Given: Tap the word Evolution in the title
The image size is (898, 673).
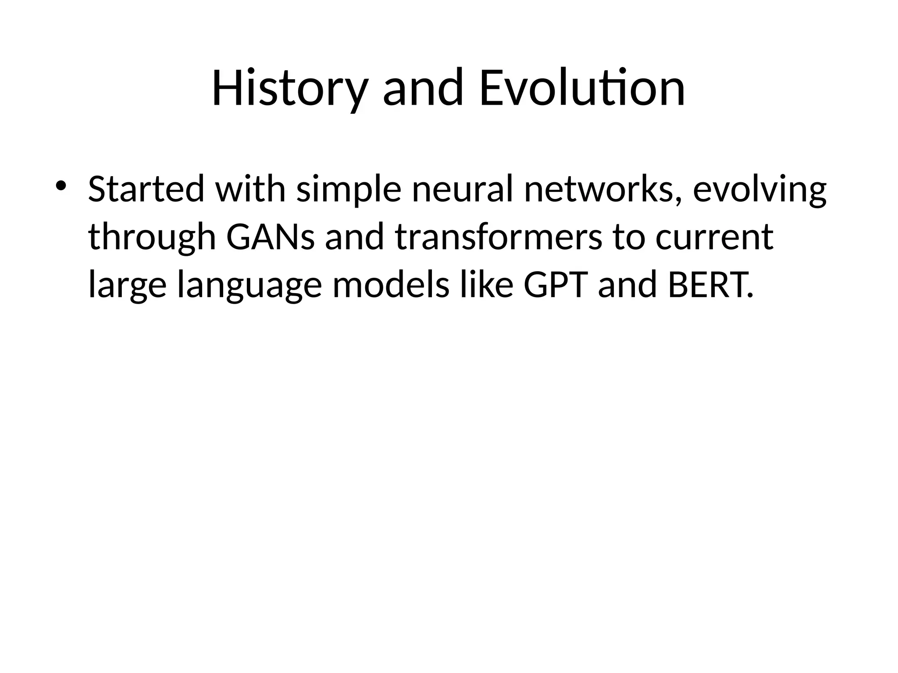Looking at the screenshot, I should (x=582, y=89).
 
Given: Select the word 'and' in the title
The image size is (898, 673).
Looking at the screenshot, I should (x=423, y=89).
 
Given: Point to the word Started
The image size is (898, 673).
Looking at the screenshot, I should (x=146, y=189).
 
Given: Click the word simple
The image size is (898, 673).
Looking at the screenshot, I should (x=349, y=189).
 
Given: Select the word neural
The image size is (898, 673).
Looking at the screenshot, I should (x=462, y=189).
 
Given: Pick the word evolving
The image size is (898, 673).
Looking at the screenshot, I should (x=759, y=189).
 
